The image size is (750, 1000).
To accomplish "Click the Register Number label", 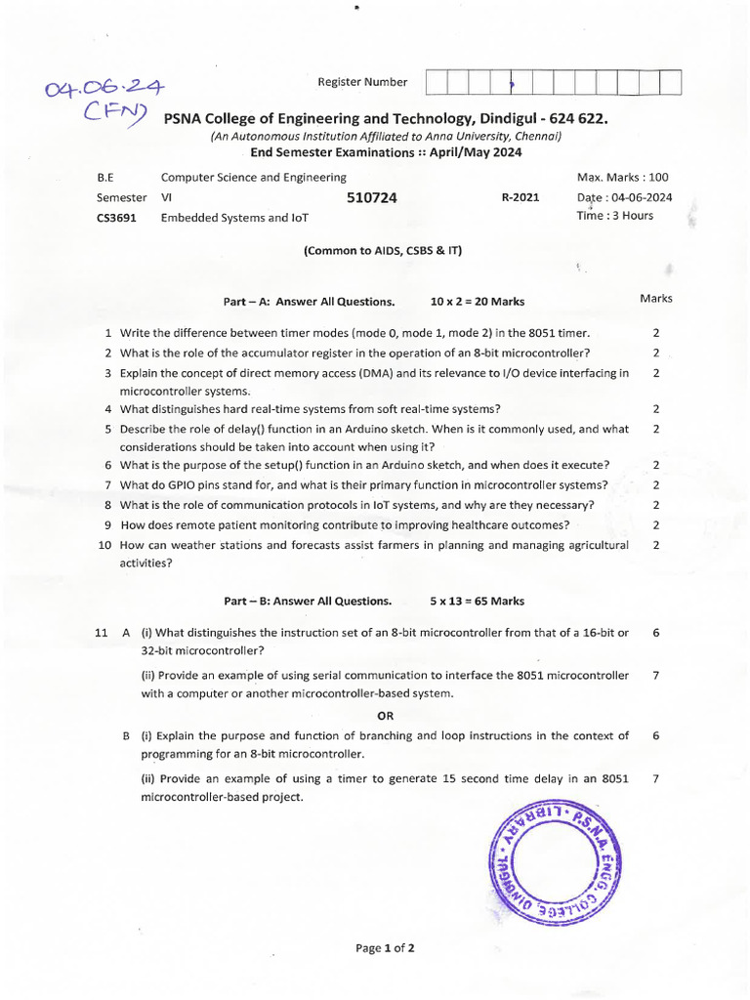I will coord(362,82).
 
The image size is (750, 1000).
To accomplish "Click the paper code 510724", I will coord(372,197).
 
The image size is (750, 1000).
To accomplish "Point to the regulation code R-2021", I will coord(520,197).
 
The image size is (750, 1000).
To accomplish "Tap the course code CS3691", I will coord(116,218).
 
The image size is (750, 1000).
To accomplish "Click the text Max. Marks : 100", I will coord(623,178).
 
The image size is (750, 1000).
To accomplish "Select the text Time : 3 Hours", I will coord(615,215).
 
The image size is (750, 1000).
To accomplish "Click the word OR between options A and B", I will coord(386,715).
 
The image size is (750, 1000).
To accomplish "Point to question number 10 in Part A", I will coord(105,545).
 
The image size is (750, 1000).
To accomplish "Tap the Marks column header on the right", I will coord(655,298).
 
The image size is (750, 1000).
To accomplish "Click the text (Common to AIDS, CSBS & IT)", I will coord(382,250).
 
